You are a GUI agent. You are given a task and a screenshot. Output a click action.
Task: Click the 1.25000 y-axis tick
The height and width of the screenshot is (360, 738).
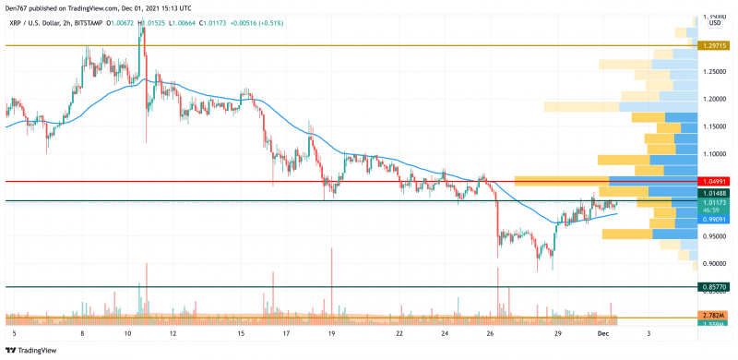[712, 72]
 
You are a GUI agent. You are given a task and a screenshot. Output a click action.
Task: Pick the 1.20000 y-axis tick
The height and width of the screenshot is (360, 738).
[712, 99]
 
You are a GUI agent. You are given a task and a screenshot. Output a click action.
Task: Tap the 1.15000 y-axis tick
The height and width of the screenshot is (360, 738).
[712, 126]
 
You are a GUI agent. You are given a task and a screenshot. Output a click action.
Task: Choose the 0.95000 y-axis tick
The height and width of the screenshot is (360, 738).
[712, 235]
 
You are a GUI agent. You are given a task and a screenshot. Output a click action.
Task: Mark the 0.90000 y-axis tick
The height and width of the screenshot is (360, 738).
[712, 263]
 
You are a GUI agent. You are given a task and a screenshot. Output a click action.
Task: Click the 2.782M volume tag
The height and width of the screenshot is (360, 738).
[712, 317]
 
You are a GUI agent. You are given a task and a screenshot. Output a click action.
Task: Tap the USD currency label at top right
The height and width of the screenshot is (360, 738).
[714, 23]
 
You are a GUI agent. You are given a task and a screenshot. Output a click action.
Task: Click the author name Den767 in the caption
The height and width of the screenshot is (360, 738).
[18, 6]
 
